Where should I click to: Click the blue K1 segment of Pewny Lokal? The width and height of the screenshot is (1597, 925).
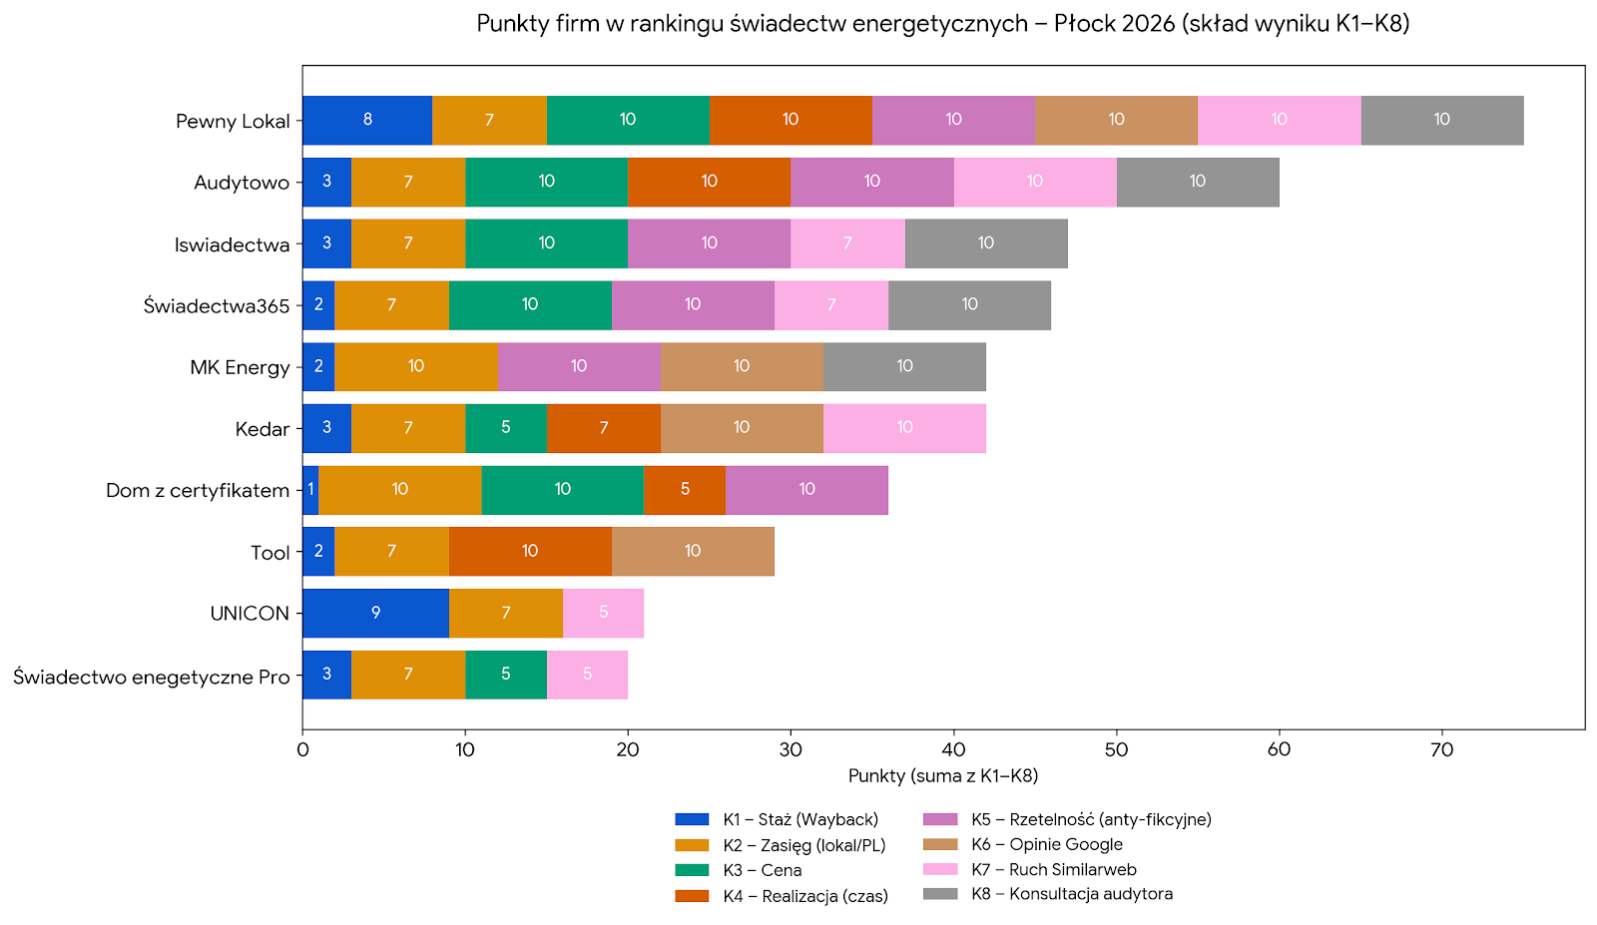(x=367, y=120)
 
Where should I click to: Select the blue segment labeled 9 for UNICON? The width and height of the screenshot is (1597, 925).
(x=375, y=613)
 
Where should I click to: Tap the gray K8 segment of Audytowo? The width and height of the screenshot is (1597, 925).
(x=1198, y=182)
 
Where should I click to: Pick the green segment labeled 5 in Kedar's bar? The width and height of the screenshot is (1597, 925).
(x=506, y=428)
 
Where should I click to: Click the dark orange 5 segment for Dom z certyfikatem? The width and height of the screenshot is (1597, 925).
(x=685, y=490)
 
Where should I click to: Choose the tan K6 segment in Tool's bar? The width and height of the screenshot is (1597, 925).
(x=693, y=552)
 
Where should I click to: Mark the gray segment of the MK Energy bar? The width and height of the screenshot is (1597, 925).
(x=904, y=366)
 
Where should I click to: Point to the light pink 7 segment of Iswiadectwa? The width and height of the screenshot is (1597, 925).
(x=847, y=243)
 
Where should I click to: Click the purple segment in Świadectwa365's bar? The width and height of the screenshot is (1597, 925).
(x=693, y=305)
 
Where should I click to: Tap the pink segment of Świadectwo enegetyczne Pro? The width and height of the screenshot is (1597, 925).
(x=587, y=675)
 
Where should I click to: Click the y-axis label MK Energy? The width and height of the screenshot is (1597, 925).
(x=240, y=367)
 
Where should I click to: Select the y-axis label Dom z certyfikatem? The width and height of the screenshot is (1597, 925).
(x=198, y=491)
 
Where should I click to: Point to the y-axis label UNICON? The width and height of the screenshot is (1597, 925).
(x=250, y=614)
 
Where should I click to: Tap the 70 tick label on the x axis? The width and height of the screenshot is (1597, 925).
(x=1441, y=749)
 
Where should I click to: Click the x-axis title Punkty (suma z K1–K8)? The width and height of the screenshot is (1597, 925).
(x=943, y=775)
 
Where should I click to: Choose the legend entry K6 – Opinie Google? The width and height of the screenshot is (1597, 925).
(x=1046, y=844)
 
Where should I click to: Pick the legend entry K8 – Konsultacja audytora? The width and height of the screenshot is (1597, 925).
(x=1071, y=894)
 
